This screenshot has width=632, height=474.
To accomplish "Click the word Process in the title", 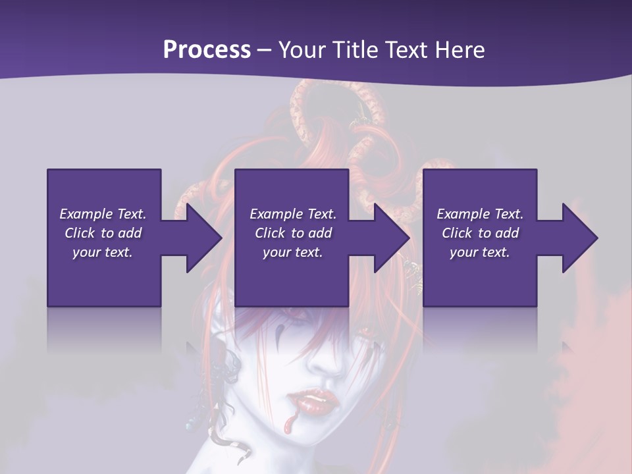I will [x=207, y=50].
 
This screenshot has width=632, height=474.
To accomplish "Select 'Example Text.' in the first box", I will [x=103, y=214].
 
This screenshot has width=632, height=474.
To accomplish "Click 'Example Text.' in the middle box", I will [x=293, y=214].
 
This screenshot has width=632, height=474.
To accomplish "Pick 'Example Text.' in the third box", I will [x=480, y=214].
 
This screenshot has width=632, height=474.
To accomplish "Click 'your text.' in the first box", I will [x=103, y=252].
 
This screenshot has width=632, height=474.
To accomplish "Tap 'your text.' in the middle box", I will [x=293, y=252].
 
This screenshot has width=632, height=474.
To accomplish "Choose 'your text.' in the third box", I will [x=480, y=252].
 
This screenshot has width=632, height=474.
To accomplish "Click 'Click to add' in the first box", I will [x=103, y=233].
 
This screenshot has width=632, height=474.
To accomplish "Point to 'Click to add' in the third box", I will [x=480, y=233].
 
